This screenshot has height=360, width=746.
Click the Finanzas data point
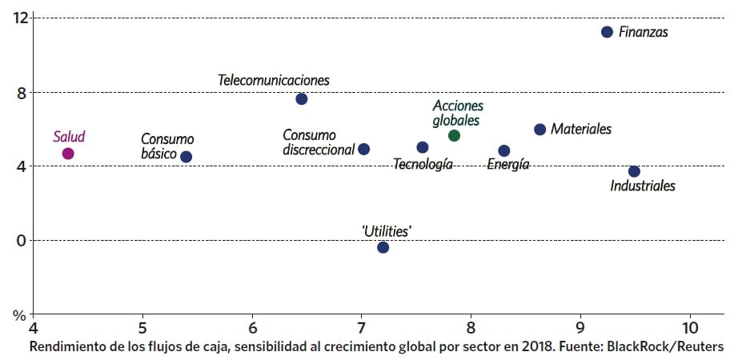[607, 32]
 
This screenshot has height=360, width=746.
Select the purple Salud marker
[68, 154]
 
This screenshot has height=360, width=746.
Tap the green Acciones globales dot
[454, 136]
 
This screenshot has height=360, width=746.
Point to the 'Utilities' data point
[383, 247]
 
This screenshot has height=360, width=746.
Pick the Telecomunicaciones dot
[302, 99]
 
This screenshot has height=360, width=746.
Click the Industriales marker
[634, 171]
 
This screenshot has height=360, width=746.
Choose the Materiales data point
[539, 130]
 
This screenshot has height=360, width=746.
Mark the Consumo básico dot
[186, 157]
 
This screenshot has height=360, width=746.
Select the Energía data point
[503, 150]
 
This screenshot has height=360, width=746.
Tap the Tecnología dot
[423, 147]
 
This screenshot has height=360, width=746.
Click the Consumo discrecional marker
[363, 149]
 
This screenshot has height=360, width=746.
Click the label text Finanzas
[644, 33]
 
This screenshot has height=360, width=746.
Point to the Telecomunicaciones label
[274, 81]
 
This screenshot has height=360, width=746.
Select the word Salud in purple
[69, 137]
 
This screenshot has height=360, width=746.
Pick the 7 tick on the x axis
[361, 329]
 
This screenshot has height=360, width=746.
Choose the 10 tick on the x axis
[688, 329]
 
